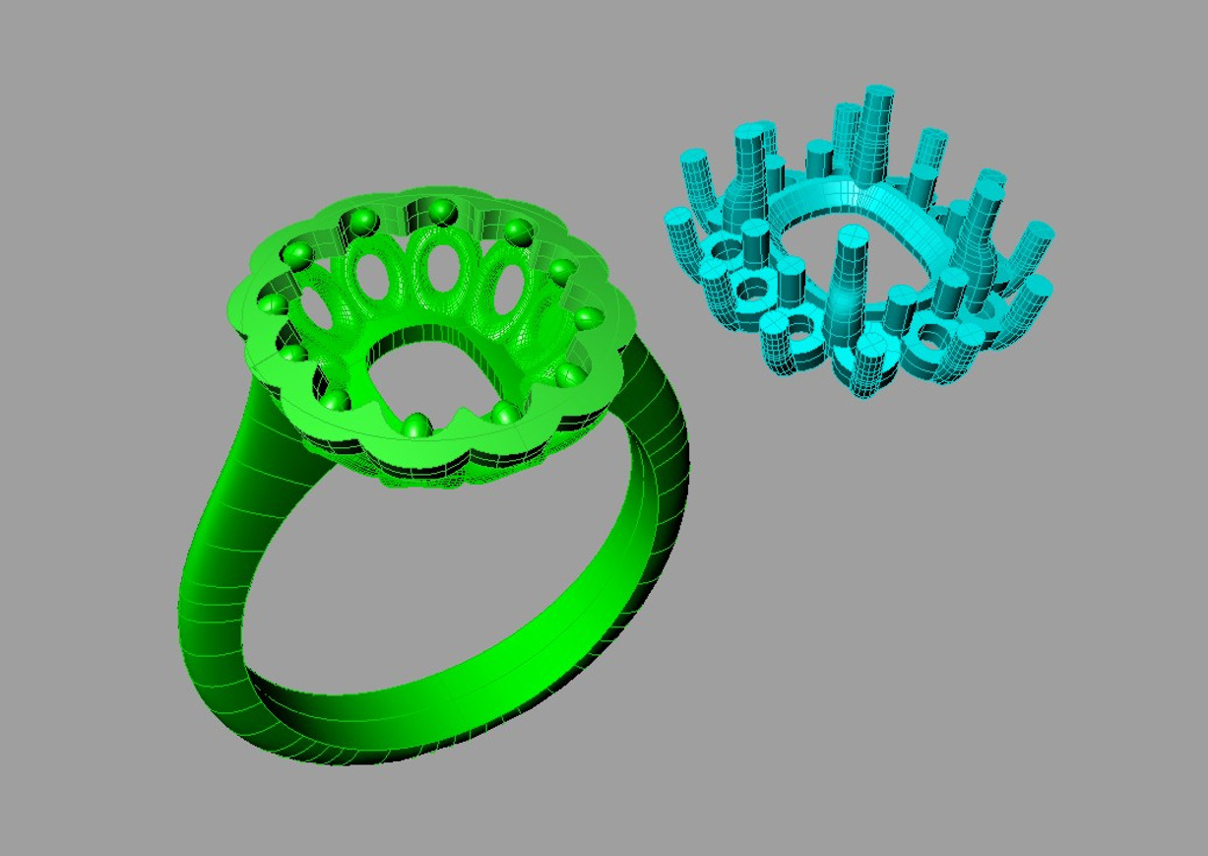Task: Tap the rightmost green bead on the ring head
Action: pyautogui.click(x=589, y=317)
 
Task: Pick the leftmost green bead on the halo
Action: pyautogui.click(x=269, y=302)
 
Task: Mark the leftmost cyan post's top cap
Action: pyautogui.click(x=677, y=217)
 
